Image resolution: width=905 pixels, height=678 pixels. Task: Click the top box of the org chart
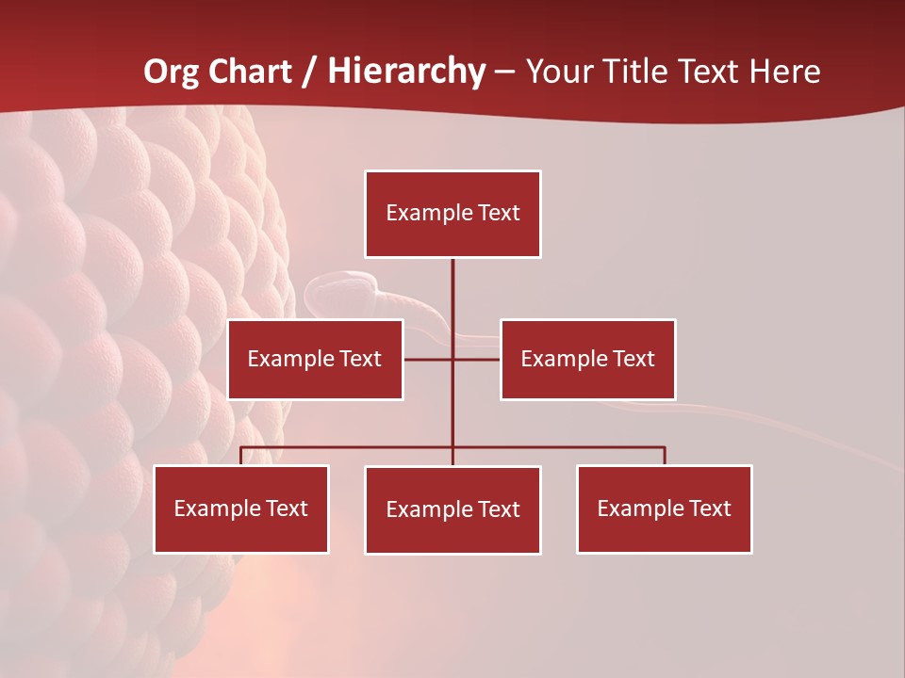coord(452,214)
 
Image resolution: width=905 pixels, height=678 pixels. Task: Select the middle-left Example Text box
coord(315,359)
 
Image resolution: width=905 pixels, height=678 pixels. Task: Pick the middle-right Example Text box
coord(587,359)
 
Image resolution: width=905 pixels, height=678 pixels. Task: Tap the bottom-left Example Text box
coord(241,508)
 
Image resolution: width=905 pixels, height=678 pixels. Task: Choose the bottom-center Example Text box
coord(452,509)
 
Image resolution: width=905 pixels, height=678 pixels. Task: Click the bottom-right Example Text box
coord(664,508)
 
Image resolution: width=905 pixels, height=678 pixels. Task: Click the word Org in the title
coord(170,72)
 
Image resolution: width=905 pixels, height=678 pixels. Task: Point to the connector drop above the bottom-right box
coord(665,456)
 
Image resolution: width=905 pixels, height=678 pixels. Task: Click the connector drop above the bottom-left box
coord(241,456)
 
